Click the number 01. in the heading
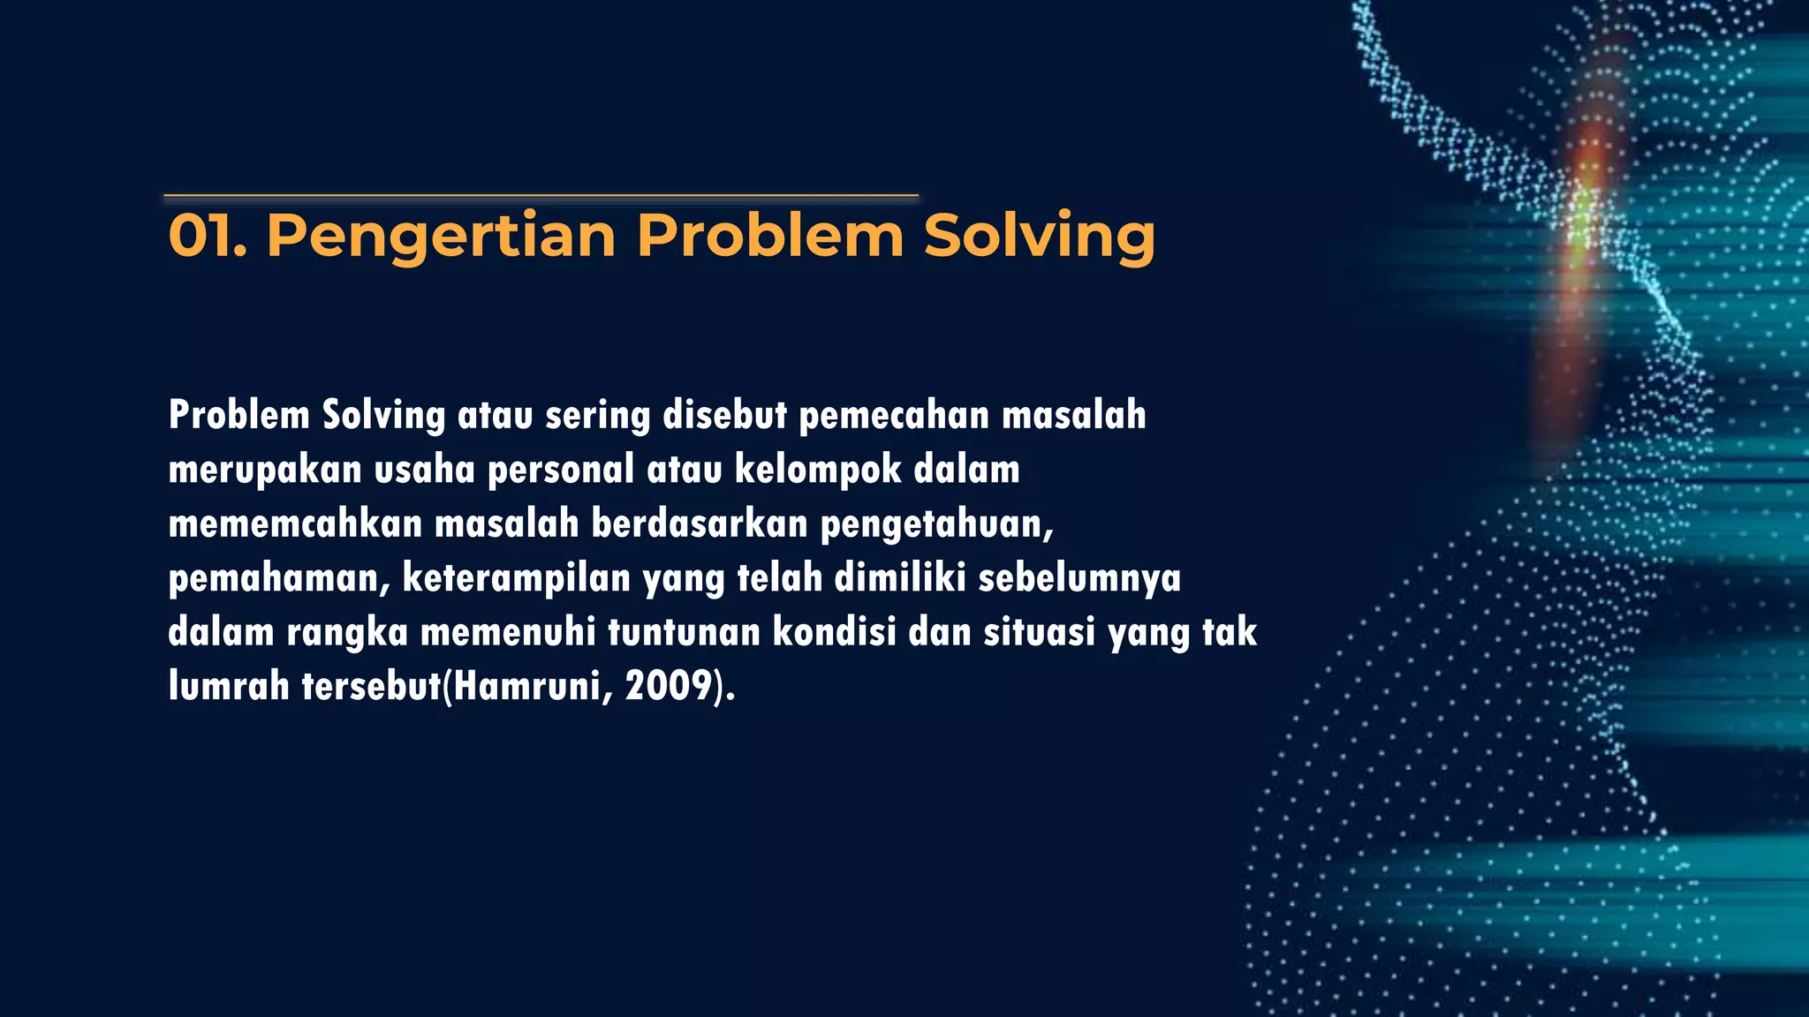[x=207, y=237]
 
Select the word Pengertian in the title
[x=441, y=237]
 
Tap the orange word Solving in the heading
[x=1039, y=237]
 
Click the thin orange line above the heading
[x=541, y=195]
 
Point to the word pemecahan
[x=894, y=415]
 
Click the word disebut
[x=724, y=415]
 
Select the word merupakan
[x=265, y=470]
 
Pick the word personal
[x=561, y=470]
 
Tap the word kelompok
[x=818, y=470]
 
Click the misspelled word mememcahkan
[x=295, y=524]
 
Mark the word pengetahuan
[x=936, y=525]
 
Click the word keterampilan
[x=516, y=578]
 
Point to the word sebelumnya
[x=1079, y=578]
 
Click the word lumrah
[x=229, y=686]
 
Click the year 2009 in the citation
[x=669, y=686]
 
